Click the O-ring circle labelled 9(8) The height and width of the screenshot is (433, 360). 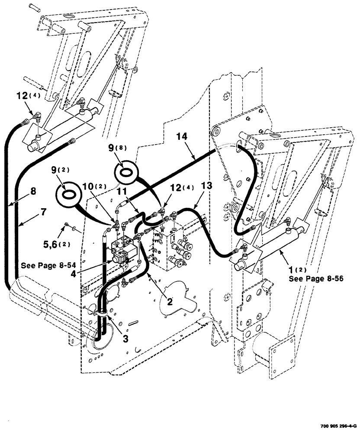point(127,171)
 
